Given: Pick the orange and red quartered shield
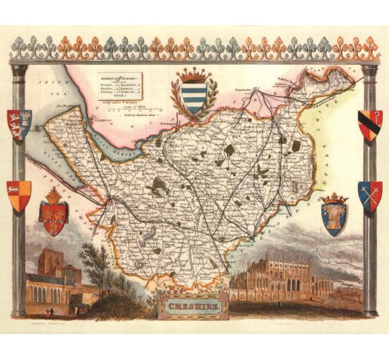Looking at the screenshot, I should [20, 196].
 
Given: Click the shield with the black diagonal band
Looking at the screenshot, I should [369, 125].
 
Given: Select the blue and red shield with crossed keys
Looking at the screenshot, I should [369, 196].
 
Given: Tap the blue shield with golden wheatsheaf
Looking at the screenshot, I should [334, 215].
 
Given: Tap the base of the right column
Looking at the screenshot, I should [370, 312].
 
